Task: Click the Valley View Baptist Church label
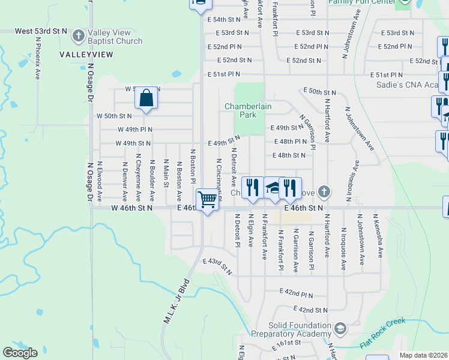(115, 37)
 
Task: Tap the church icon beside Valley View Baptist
(78, 37)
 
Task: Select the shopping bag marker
(146, 97)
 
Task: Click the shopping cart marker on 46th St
(207, 199)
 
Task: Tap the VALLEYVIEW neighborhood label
(86, 55)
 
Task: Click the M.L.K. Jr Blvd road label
(177, 302)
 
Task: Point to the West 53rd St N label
(41, 31)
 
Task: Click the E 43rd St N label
(217, 266)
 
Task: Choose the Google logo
(19, 353)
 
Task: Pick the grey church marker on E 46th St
(324, 192)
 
